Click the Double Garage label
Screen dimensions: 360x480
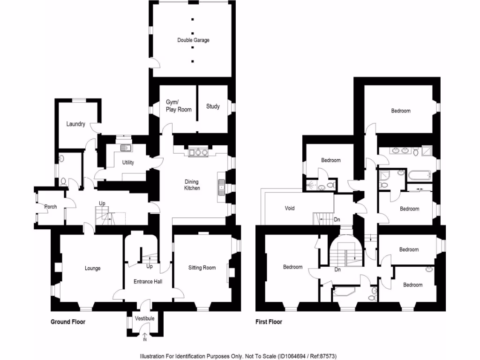pyautogui.click(x=193, y=40)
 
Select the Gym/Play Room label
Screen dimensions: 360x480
pyautogui.click(x=179, y=105)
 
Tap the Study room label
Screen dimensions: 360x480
pyautogui.click(x=213, y=106)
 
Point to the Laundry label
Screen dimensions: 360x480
pyautogui.click(x=75, y=124)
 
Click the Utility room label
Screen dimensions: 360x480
pyautogui.click(x=128, y=163)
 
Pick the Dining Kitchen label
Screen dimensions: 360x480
pyautogui.click(x=192, y=185)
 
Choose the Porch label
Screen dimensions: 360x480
pyautogui.click(x=50, y=207)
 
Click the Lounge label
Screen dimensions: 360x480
pyautogui.click(x=92, y=268)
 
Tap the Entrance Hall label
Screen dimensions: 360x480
pyautogui.click(x=148, y=281)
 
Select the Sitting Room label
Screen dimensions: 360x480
pyautogui.click(x=202, y=268)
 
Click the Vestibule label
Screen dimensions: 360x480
pyautogui.click(x=144, y=319)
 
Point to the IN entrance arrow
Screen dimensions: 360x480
pyautogui.click(x=144, y=336)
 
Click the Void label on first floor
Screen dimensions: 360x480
pyautogui.click(x=290, y=208)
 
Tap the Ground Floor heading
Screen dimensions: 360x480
pyautogui.click(x=68, y=322)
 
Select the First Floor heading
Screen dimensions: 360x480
pyautogui.click(x=269, y=322)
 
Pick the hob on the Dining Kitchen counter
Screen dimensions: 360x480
pyautogui.click(x=201, y=152)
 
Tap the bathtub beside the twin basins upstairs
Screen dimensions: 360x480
pyautogui.click(x=419, y=176)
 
